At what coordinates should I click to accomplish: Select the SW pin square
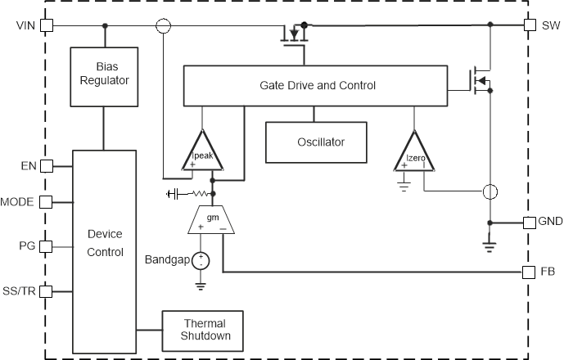click(529, 25)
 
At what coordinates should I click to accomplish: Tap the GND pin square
click(529, 223)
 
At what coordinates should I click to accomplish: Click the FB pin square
click(529, 271)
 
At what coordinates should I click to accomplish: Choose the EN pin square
click(46, 166)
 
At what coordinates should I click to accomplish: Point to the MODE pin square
click(46, 201)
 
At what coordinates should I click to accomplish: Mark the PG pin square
click(46, 245)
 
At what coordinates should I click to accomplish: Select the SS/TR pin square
click(46, 290)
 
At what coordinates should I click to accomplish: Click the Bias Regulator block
click(104, 77)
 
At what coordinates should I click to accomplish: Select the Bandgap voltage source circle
click(201, 261)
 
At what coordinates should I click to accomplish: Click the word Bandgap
click(165, 260)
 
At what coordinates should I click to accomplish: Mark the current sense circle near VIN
click(164, 25)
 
